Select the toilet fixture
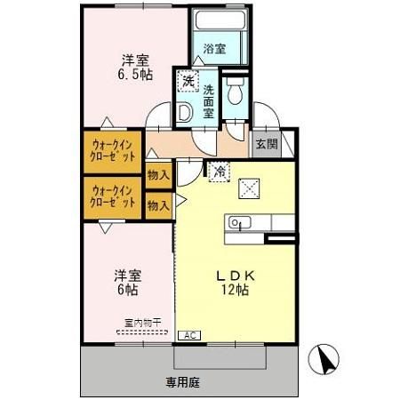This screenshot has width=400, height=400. click(x=235, y=92)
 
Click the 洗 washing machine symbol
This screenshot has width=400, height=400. click(x=188, y=81)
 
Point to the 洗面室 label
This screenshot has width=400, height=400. click(x=208, y=101)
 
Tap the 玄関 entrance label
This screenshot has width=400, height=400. click(x=266, y=144)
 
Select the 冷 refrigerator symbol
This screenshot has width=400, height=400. click(x=219, y=172)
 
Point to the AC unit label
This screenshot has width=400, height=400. click(x=188, y=335)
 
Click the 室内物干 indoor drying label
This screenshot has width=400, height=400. click(x=142, y=322)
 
